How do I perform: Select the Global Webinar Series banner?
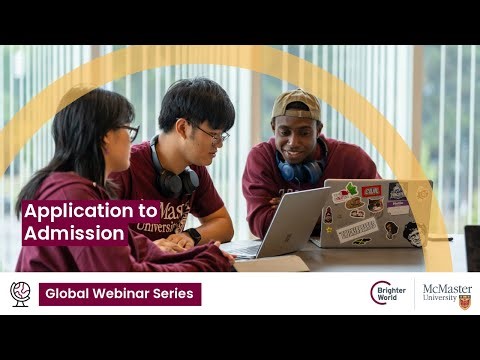(x=120, y=294)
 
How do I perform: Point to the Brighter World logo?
(x=387, y=293)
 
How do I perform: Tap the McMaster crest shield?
(x=465, y=300)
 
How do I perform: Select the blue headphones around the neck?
(x=300, y=170)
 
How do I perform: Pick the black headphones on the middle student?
(x=177, y=180)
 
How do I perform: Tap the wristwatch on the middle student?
(x=193, y=236)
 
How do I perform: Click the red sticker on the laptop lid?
(x=372, y=190)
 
